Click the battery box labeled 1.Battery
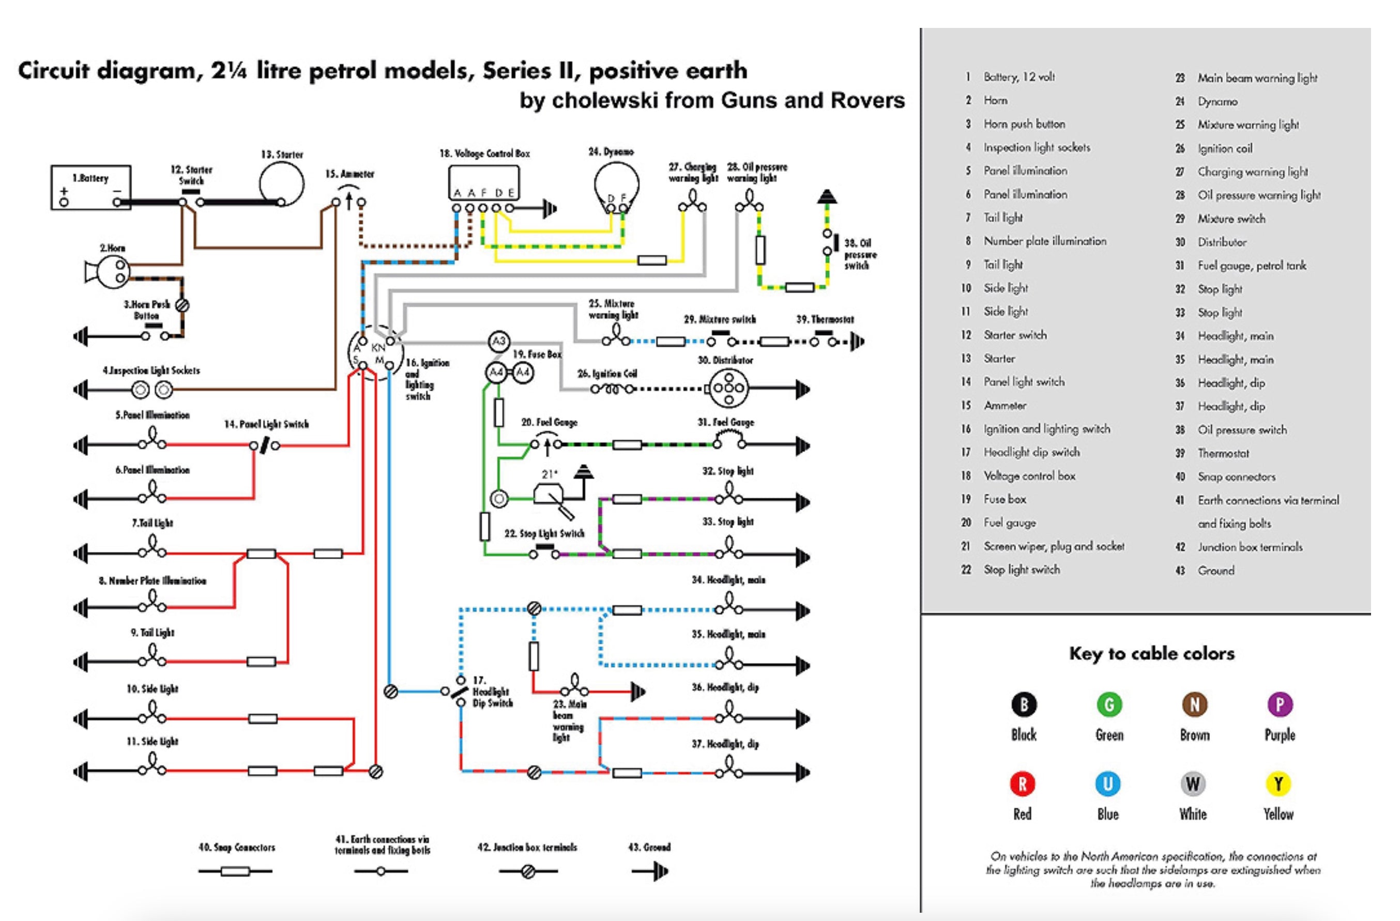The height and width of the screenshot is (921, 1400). click(90, 187)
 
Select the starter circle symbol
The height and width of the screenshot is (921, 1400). click(282, 183)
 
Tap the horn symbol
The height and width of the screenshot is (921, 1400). click(109, 272)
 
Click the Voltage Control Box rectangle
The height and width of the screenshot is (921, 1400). click(483, 182)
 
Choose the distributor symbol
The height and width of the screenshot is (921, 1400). click(728, 388)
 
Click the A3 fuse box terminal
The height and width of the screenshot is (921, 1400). click(499, 341)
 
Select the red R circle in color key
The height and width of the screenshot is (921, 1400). click(1023, 784)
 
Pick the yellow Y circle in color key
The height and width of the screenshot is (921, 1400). click(1277, 784)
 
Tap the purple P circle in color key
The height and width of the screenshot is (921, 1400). click(1280, 704)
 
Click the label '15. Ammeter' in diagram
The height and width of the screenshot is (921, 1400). click(349, 174)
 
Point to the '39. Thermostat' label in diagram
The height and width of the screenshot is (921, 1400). click(825, 319)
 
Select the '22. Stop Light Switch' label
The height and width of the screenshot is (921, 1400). click(544, 533)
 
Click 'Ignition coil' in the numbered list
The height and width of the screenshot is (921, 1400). click(1225, 148)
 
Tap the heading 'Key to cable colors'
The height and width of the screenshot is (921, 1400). click(1151, 653)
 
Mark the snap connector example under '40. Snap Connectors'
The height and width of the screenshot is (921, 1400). click(235, 871)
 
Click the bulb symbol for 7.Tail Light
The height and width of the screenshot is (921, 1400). click(153, 550)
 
